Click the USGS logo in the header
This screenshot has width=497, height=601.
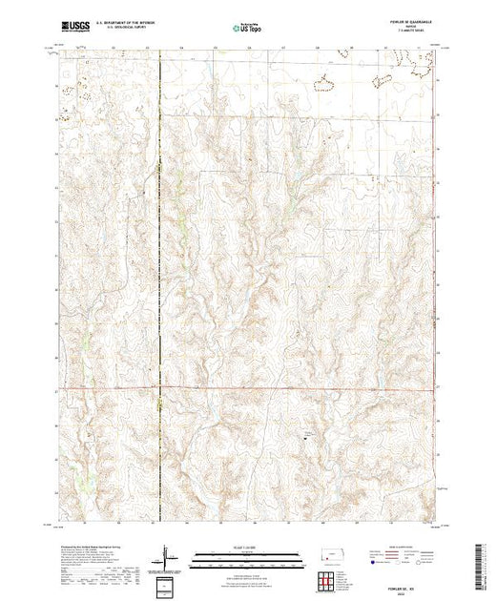[75, 26]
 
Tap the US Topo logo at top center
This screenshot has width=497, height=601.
[247, 28]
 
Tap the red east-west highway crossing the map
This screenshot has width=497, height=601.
[286, 388]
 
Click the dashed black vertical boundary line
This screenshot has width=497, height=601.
[159, 286]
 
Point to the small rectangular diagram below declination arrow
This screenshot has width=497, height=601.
[169, 585]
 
